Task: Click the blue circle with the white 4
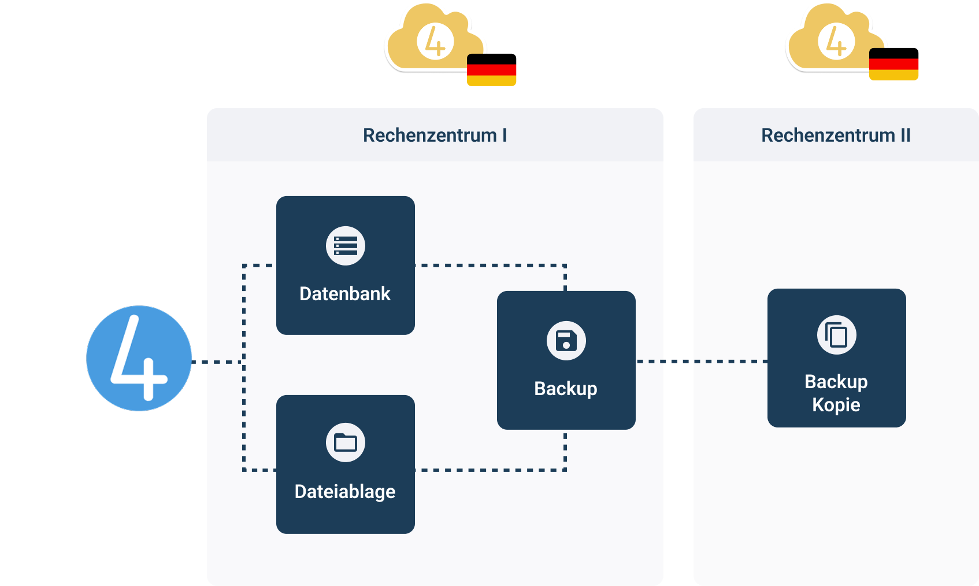point(139,358)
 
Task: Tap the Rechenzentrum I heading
point(435,135)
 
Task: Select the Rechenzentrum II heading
point(836,135)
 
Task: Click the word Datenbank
point(345,294)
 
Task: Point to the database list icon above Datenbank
point(346,246)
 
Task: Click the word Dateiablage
point(345,492)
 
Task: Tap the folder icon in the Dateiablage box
point(346,443)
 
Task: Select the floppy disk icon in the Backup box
point(566,341)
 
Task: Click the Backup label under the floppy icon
point(566,389)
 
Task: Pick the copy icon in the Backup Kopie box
point(836,335)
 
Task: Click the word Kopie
point(836,405)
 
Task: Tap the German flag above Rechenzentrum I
point(491,71)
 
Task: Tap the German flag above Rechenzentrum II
point(893,65)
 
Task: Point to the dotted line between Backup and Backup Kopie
point(701,362)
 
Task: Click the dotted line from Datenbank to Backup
point(491,266)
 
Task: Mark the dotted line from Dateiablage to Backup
point(491,470)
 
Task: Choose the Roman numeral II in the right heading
point(905,135)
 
